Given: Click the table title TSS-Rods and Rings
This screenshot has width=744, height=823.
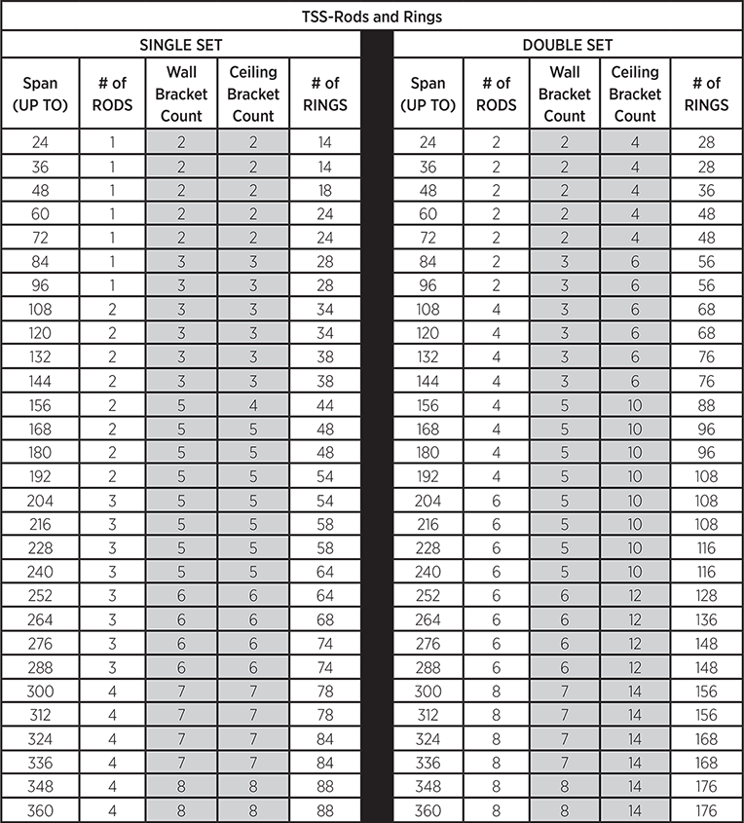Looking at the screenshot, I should [372, 16].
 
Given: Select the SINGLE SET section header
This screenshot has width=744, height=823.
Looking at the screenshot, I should [181, 45].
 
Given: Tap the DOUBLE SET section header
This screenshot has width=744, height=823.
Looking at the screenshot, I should [568, 45].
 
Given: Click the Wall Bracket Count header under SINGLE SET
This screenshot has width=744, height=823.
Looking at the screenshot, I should [181, 94].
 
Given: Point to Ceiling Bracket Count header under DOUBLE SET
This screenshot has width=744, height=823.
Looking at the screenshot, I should [635, 94].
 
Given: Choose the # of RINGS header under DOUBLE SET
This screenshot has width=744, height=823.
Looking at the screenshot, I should [706, 94].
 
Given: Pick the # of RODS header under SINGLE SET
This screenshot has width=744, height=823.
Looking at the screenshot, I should [112, 94].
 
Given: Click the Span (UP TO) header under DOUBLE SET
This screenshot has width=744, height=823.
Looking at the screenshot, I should [428, 94].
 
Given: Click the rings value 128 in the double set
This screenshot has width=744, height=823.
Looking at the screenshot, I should [706, 596].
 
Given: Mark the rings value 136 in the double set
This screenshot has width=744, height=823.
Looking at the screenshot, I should [706, 620].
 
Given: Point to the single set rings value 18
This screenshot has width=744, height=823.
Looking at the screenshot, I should [325, 190].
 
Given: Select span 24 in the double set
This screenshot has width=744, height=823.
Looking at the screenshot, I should [428, 142].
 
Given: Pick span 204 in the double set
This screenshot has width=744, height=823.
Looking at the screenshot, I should [428, 501].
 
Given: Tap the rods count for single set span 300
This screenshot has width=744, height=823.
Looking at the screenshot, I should [112, 692].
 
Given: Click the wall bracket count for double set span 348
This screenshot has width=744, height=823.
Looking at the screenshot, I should [565, 787].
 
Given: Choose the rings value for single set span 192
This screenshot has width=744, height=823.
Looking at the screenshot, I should [325, 477].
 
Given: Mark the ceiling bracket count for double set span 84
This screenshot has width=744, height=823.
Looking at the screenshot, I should [635, 262].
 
